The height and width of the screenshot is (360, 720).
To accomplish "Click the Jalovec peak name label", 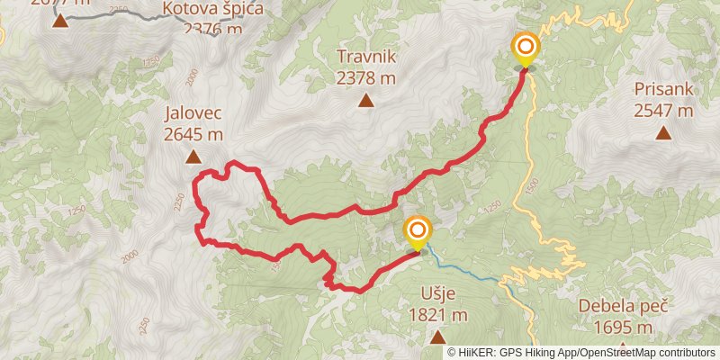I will (193, 115).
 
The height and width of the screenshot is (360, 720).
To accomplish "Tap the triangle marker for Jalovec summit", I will (193, 157).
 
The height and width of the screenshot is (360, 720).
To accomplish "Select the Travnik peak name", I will (366, 57).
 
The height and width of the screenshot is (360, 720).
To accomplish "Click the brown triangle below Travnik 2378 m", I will (366, 100).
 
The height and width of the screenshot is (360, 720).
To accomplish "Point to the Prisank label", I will (663, 90).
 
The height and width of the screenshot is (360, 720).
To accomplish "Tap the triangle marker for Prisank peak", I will (663, 133).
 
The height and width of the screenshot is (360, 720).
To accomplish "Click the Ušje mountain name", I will (437, 294).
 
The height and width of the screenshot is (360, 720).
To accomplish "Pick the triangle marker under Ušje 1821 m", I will (437, 337).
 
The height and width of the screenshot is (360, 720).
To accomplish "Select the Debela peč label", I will (623, 305).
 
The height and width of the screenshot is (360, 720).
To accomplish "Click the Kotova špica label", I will (212, 9).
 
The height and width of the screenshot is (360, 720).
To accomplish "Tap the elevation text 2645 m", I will (193, 136).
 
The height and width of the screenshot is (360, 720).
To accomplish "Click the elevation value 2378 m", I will (366, 78).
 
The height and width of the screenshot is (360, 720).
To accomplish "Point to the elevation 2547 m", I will (663, 112).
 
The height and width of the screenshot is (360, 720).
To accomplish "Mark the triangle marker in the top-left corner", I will (60, 21).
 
